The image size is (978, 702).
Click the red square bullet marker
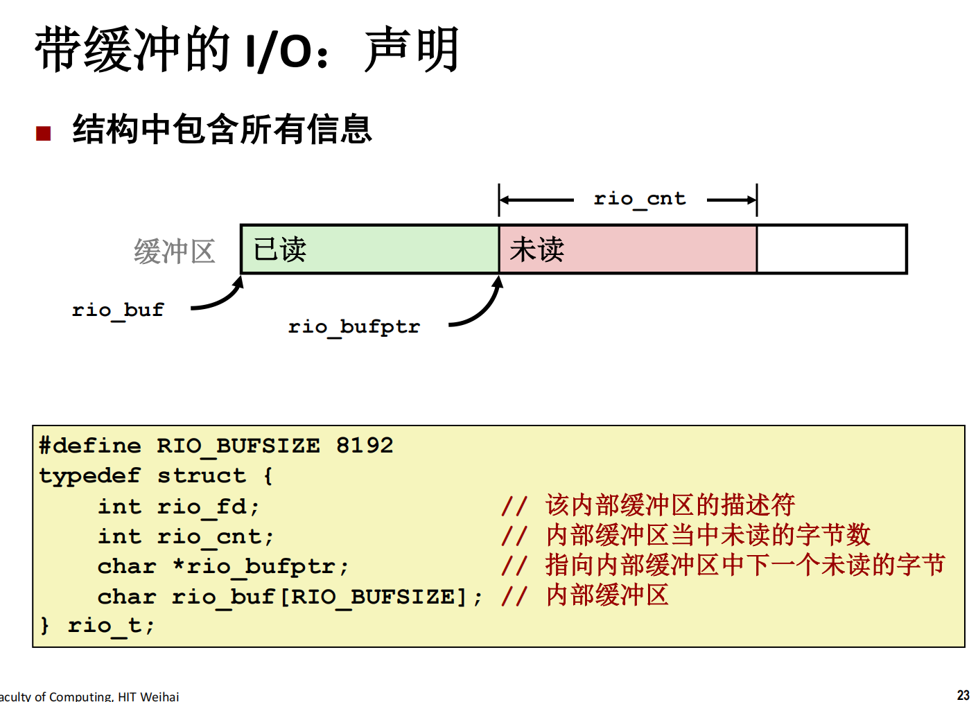tap(43, 133)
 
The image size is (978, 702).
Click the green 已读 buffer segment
tap(370, 249)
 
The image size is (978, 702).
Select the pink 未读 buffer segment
tap(628, 249)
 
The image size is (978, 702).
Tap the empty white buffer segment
tap(832, 249)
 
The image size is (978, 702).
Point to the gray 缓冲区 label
tap(175, 252)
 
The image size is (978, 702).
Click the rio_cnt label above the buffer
tap(640, 200)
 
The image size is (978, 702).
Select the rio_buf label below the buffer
tap(118, 311)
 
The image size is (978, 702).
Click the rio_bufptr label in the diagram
tap(353, 327)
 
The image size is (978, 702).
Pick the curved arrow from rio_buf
tap(222, 299)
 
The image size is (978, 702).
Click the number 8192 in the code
tap(365, 446)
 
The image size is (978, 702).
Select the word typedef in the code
tap(90, 477)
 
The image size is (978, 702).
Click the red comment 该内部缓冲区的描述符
tap(670, 505)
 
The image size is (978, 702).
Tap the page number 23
tap(963, 695)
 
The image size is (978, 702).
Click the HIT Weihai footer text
tap(148, 696)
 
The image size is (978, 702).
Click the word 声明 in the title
tap(412, 49)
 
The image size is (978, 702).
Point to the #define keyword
tap(90, 446)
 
